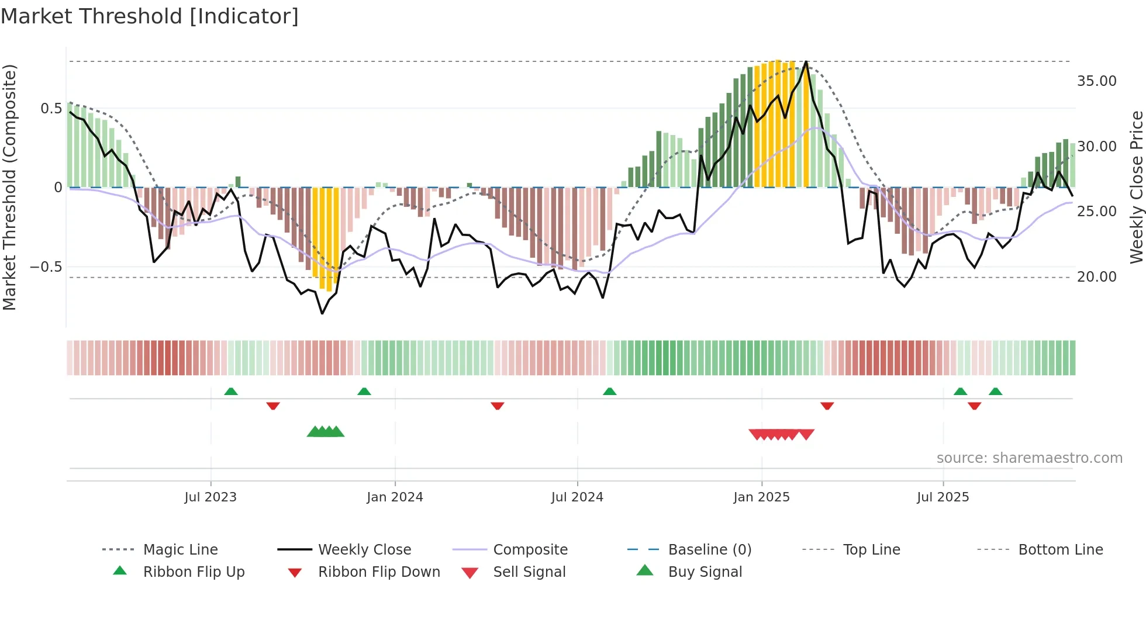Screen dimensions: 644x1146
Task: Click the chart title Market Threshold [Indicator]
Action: tap(150, 16)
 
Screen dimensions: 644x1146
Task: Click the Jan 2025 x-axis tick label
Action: tap(761, 497)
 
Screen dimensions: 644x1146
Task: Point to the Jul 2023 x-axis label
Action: tap(210, 497)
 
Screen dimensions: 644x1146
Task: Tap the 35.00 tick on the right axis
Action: tap(1096, 81)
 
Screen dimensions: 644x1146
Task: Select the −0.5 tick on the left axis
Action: tap(46, 266)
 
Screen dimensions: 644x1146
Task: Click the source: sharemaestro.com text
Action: tap(1029, 458)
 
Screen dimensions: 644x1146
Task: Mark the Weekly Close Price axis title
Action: tap(1136, 187)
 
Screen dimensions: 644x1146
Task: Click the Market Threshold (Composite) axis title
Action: tap(9, 187)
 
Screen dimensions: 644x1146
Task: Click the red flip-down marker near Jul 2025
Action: tap(974, 406)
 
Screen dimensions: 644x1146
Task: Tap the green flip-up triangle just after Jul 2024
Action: tap(610, 391)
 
